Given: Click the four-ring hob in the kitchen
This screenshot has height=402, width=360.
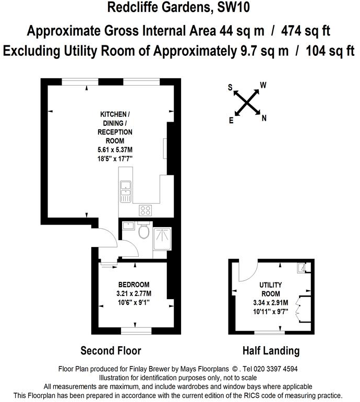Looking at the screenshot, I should coord(145,210).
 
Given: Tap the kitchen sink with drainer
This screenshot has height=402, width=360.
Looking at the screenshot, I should coord(125,191).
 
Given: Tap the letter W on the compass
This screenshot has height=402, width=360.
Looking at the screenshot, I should coord(263,85).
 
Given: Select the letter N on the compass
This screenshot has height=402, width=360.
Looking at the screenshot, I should coord(264,118).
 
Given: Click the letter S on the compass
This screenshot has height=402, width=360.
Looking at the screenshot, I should coord(230,87).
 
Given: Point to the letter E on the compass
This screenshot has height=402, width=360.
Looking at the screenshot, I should coord(231,120).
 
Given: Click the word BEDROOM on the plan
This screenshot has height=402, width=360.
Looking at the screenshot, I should coord(134,284).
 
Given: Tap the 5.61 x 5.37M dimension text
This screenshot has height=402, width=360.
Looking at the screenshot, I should coord(115,149).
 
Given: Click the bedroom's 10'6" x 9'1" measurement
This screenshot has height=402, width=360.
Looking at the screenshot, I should coord(134,301).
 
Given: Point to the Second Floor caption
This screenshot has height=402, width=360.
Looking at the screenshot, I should coord(111,350).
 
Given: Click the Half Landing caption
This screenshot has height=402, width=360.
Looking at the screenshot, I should coord(271,350).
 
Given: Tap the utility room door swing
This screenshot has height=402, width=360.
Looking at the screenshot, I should coord(247,270).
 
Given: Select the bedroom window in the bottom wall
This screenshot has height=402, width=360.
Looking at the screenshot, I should coord(136,331).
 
